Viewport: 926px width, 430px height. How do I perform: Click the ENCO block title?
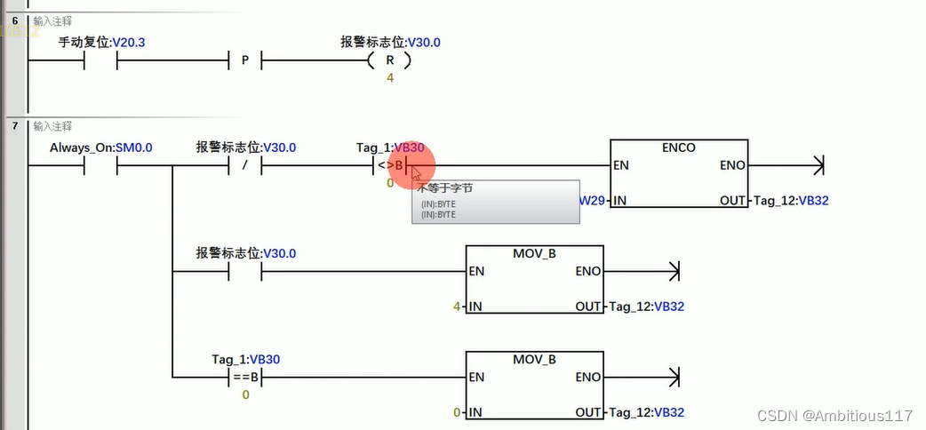coord(679,147)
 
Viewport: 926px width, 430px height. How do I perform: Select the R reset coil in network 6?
coord(388,61)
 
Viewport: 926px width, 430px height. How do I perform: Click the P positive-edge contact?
coord(245,62)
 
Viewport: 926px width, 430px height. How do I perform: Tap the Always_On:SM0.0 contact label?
coord(100,147)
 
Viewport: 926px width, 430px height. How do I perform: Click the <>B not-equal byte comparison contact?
coord(389,165)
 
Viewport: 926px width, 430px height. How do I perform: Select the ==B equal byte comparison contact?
coord(246,377)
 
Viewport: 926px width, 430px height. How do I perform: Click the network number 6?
coord(14,20)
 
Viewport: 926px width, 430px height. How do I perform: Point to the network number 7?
coord(14,126)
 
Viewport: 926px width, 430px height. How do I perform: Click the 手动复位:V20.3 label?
coord(100,42)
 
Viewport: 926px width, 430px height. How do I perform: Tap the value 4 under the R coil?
coord(389,78)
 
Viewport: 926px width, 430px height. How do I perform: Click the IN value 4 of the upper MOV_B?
coord(457,307)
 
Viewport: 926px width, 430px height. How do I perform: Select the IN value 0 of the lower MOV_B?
coord(457,412)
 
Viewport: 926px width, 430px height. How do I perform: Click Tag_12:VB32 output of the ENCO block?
coord(790,201)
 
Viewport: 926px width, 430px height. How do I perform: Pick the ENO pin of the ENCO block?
coord(732,165)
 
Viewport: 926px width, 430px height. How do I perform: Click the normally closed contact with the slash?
coord(245,165)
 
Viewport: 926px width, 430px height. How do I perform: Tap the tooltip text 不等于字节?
coord(445,188)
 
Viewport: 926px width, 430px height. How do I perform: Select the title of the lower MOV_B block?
coord(534,360)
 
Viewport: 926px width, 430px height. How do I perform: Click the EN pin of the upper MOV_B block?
coord(477,271)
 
